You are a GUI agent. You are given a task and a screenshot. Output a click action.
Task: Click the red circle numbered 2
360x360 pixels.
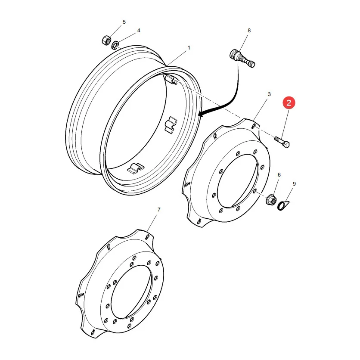(289, 102)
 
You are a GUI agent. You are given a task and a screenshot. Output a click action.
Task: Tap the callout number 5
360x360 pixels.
(124, 22)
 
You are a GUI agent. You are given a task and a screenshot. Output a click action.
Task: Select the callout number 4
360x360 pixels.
(139, 31)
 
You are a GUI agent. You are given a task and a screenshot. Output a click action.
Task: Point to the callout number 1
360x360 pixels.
(189, 48)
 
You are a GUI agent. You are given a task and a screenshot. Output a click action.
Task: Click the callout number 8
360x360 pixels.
(249, 31)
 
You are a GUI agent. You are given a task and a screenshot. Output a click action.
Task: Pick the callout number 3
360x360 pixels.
(269, 94)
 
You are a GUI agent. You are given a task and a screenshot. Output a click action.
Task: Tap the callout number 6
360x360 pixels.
(279, 175)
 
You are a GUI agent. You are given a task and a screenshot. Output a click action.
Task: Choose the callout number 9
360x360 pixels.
(294, 184)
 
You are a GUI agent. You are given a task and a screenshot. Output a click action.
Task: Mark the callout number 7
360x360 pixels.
(159, 210)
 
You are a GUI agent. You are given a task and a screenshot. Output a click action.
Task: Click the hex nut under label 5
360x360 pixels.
(106, 40)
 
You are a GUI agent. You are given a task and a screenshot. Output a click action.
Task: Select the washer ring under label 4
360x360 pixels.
(115, 45)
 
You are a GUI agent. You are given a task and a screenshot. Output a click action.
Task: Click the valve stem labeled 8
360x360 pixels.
(242, 59)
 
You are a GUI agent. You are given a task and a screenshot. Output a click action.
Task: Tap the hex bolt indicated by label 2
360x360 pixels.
(282, 142)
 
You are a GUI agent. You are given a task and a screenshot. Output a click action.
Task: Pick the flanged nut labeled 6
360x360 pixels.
(271, 200)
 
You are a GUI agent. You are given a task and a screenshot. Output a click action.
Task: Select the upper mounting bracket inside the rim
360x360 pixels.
(171, 125)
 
